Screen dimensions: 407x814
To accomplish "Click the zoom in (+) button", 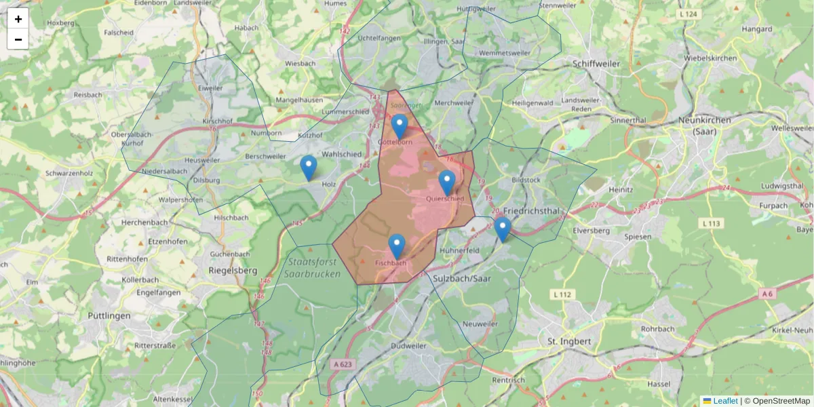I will point(18,19).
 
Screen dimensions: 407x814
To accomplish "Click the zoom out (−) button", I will point(18,39).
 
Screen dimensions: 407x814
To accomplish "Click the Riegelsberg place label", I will point(233,270).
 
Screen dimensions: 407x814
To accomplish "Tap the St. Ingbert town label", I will point(569,341).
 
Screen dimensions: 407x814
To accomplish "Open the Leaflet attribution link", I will point(724,401).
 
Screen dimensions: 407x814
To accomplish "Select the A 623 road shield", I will point(343,364).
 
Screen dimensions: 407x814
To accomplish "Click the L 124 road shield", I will point(687,14).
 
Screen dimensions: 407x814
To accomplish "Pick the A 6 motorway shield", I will point(767,294).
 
